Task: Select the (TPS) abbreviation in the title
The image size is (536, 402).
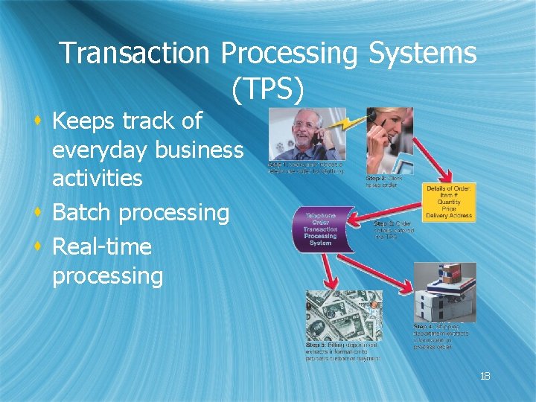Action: click(x=267, y=89)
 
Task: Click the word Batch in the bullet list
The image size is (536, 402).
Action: click(x=80, y=213)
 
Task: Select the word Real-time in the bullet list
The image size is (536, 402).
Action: click(x=102, y=246)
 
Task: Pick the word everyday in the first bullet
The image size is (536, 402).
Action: click(x=100, y=150)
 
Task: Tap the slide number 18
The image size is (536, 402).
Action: click(x=485, y=376)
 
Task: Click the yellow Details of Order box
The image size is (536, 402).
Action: click(x=449, y=202)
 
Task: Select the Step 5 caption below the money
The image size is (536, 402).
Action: click(x=342, y=350)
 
